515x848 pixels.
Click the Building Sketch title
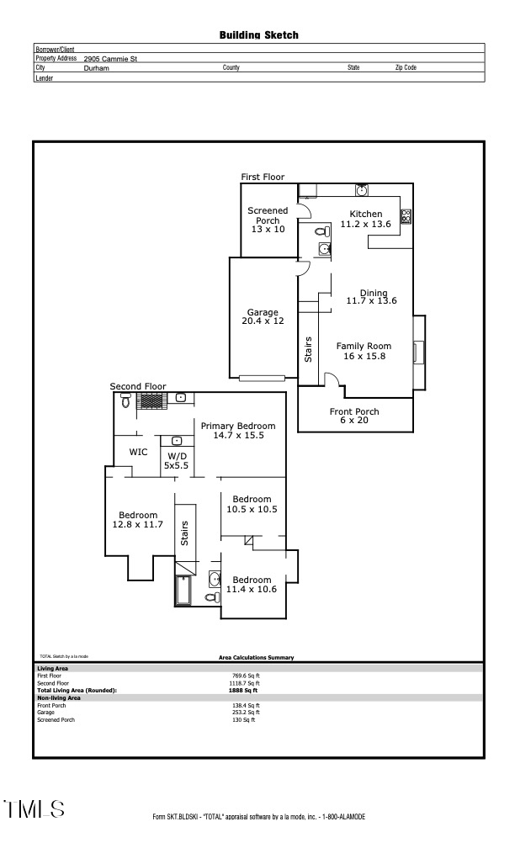(x=258, y=35)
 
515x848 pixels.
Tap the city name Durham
(x=97, y=68)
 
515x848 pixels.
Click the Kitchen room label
(x=365, y=215)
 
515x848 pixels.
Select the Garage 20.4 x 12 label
(x=263, y=317)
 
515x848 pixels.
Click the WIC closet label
(x=138, y=453)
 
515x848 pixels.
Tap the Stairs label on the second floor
(x=184, y=531)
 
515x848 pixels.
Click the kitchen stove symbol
(x=406, y=216)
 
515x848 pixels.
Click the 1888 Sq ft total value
(x=246, y=691)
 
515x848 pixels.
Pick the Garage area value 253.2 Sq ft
(x=246, y=713)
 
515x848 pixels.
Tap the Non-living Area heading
(x=59, y=698)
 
